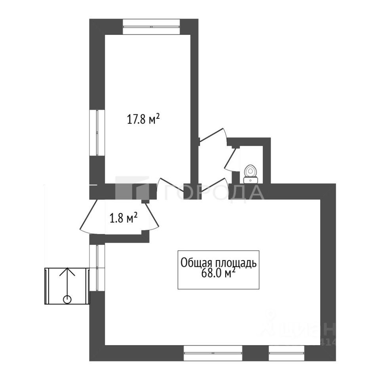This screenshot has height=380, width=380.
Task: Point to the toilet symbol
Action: (x=250, y=173)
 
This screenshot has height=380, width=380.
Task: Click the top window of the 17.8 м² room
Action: (x=151, y=27)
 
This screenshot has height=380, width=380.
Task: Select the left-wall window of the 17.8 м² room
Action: (x=97, y=133)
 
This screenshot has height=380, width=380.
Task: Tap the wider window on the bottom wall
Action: (x=213, y=353)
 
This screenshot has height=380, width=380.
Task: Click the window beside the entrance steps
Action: (x=97, y=268)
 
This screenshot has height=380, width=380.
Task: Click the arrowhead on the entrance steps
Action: (x=67, y=272)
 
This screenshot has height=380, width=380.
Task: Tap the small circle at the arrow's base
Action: (x=67, y=299)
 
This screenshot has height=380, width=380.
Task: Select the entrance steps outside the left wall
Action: (x=66, y=286)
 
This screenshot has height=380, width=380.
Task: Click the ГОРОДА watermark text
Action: (x=214, y=193)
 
